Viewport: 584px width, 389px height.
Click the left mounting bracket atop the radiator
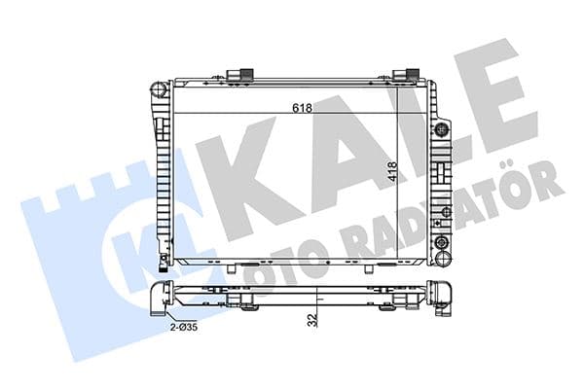(x=240, y=75)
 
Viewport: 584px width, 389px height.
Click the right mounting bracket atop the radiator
(x=406, y=75)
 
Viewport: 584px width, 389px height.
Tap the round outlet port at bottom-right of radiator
(x=444, y=244)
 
